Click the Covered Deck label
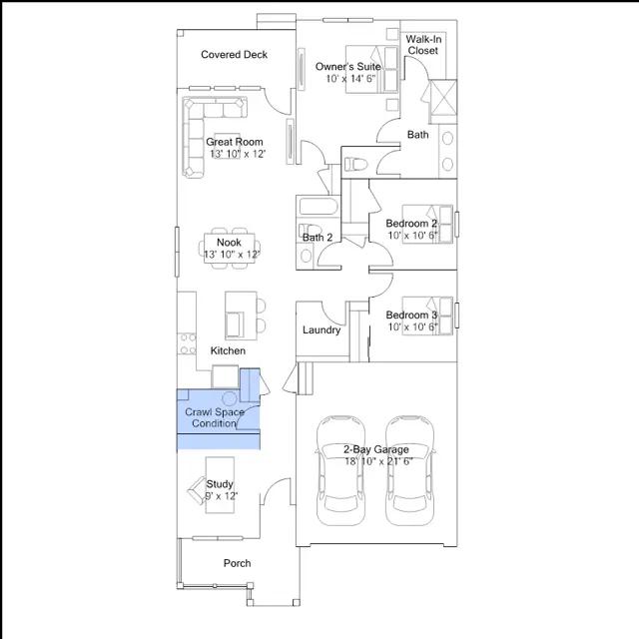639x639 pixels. point(234,55)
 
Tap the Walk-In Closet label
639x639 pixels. point(423,45)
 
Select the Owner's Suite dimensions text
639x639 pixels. point(350,79)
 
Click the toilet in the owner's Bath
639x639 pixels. point(355,164)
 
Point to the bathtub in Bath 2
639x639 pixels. point(319,206)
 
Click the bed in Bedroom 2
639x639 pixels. point(427,224)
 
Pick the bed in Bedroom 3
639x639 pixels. point(427,316)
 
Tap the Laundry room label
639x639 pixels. point(321,330)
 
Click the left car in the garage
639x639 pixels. point(341,470)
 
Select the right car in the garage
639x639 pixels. point(410,470)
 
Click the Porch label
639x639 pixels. point(238,563)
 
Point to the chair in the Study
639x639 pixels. point(198,490)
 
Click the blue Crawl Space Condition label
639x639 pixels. point(215,417)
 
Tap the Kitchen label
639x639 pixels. point(228,350)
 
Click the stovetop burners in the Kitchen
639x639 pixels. point(188,343)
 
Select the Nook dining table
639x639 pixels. point(230,249)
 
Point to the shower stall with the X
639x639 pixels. point(443,98)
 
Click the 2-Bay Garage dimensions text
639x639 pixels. point(378,461)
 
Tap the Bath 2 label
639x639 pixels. point(318,238)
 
